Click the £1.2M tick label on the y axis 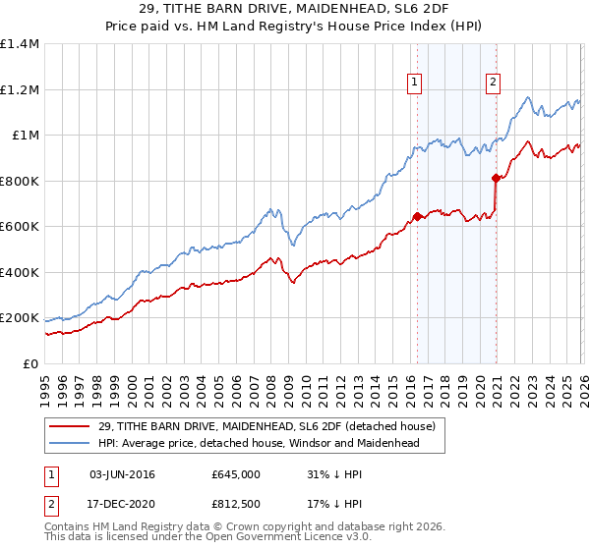point(20,89)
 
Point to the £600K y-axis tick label point(20,227)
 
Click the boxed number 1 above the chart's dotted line point(415,83)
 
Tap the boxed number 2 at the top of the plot point(493,83)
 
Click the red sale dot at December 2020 point(495,178)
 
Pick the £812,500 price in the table point(235,504)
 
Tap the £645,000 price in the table point(235,474)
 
